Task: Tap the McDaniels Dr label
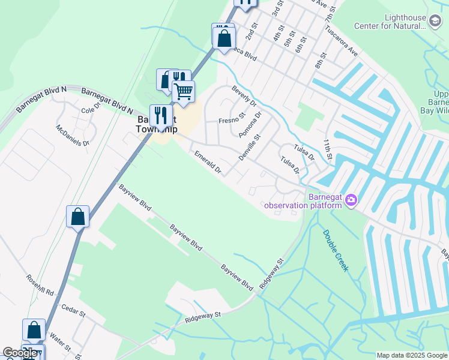(x=73, y=135)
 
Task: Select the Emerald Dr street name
(x=208, y=163)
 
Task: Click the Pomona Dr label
(x=250, y=124)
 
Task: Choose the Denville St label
(x=249, y=146)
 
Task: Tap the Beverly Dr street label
(x=244, y=96)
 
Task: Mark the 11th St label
(x=327, y=149)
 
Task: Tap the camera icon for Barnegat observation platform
(x=351, y=200)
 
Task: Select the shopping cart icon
(x=183, y=92)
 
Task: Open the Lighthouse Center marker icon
(x=434, y=19)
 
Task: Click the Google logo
(x=20, y=353)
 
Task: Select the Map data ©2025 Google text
(x=412, y=355)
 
